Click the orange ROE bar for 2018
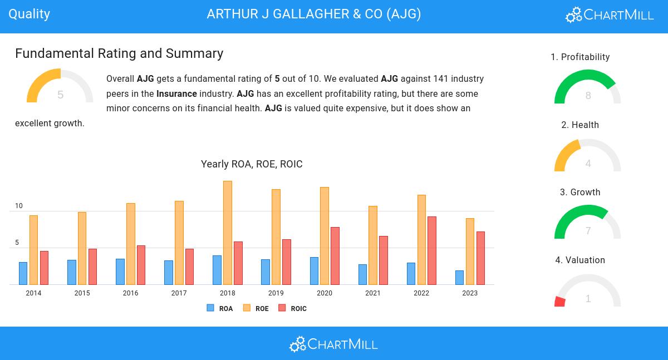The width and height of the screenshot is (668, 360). [x=227, y=233]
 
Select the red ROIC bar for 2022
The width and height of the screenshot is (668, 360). [x=431, y=250]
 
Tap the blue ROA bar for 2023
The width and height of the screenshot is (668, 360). [x=459, y=277]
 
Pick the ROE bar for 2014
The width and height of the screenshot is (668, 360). [x=33, y=250]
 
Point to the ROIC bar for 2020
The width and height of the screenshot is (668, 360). [x=335, y=255]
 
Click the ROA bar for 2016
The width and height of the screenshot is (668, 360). [x=120, y=272]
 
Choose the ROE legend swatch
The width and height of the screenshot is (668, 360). [x=247, y=308]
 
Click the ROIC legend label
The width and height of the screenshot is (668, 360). [x=298, y=309]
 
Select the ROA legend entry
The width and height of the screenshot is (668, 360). [x=219, y=308]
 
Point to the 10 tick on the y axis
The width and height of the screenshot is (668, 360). [x=19, y=206]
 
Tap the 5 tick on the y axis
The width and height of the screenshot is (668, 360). [x=17, y=243]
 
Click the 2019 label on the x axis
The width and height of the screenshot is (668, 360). [x=276, y=293]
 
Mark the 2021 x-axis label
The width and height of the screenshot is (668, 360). [x=373, y=293]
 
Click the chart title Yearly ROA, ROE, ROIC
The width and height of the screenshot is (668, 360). [x=252, y=164]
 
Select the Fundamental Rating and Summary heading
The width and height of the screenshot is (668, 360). [x=119, y=53]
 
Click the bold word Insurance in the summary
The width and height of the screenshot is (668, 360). [x=176, y=93]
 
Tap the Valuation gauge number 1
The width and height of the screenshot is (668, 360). [x=588, y=299]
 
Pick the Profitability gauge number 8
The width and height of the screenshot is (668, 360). [x=588, y=96]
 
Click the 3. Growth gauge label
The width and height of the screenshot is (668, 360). [x=580, y=193]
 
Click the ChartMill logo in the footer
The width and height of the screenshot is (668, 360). [x=333, y=344]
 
